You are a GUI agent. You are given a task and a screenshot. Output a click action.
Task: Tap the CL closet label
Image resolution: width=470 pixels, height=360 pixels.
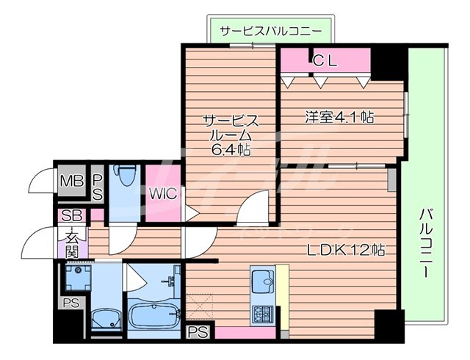325,62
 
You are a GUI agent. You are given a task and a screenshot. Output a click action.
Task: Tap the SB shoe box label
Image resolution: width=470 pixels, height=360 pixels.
72,216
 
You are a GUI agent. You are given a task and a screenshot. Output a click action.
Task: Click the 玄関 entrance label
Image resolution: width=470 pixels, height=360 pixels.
73,244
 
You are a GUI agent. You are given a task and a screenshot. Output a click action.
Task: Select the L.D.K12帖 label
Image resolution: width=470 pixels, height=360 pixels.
345,249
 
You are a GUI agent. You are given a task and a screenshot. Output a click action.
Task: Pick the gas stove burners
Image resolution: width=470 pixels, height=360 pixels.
262,314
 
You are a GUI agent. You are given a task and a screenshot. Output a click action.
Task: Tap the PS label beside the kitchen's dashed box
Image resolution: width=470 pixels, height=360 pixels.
198,332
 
